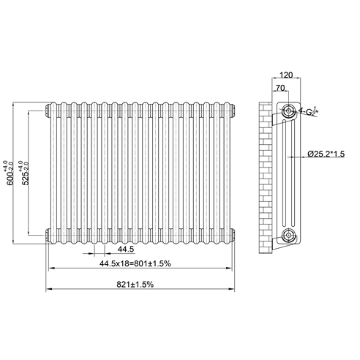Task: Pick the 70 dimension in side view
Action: coord(281,88)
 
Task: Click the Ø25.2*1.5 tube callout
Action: coord(328,154)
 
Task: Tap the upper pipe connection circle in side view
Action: coord(290,111)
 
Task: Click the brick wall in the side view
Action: coord(266,176)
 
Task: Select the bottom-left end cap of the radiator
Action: coord(48,235)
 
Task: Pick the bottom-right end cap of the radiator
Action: coord(233,235)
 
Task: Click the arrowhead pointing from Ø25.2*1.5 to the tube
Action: coord(294,155)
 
